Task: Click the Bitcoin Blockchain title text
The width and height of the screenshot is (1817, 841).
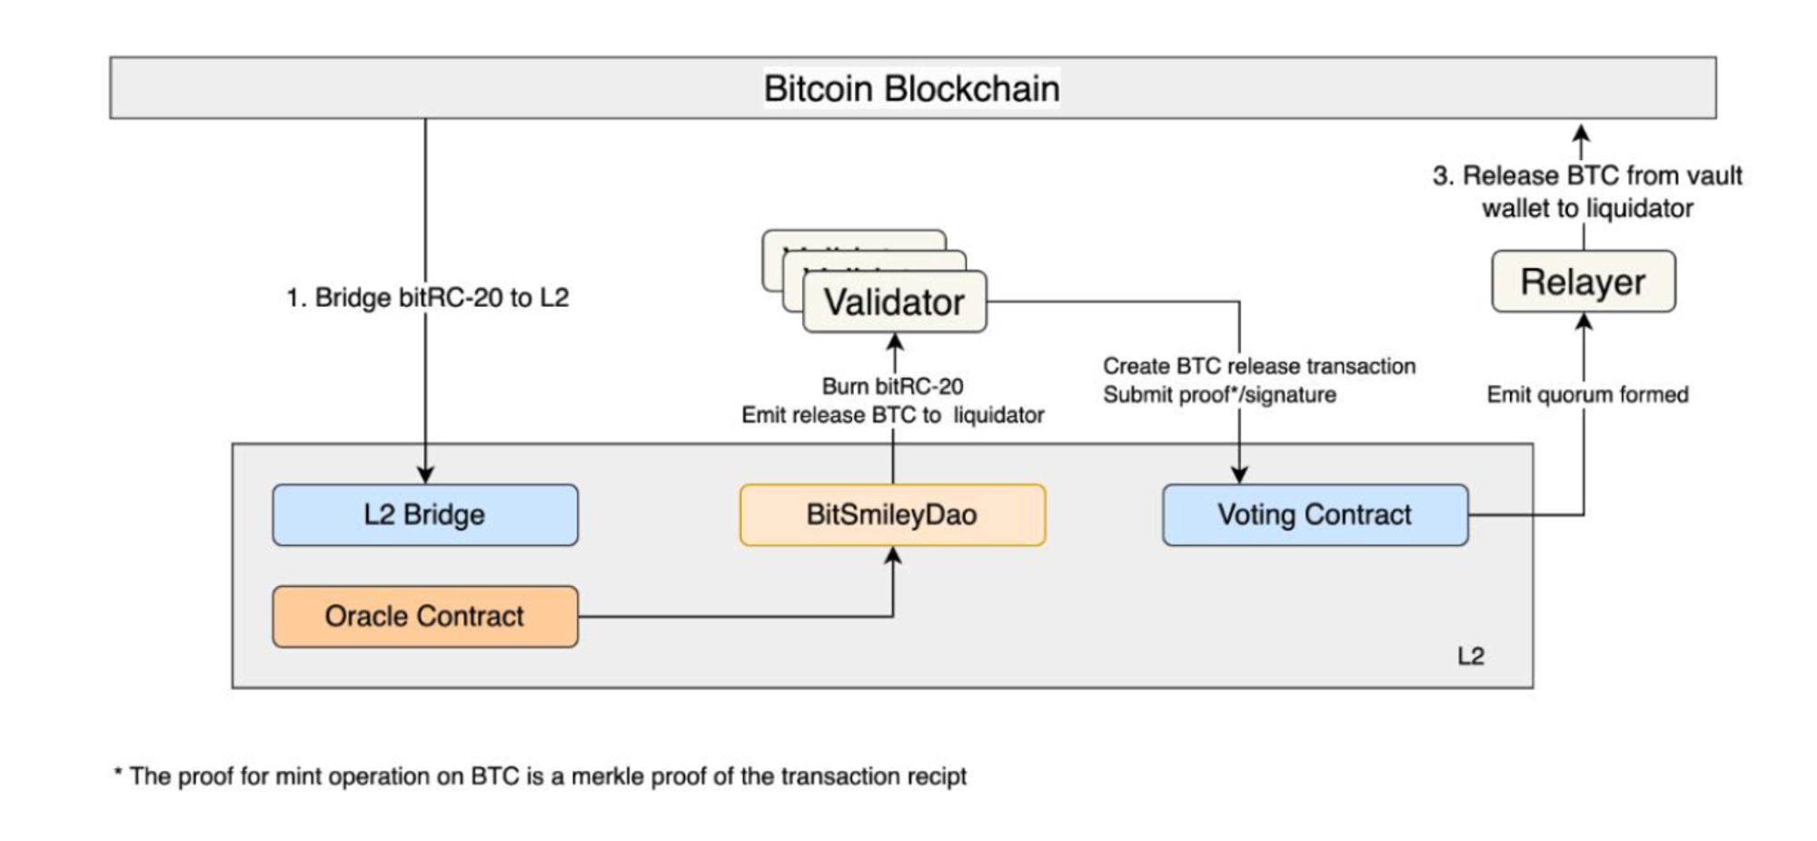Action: point(911,89)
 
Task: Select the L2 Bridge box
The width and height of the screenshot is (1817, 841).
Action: point(424,515)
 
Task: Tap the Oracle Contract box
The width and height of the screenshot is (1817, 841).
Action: point(424,617)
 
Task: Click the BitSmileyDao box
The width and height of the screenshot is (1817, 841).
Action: point(892,515)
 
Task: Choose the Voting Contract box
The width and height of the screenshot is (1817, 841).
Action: point(1315,515)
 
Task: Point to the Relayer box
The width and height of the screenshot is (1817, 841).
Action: point(1583,282)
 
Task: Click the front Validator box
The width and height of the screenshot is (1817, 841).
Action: point(894,302)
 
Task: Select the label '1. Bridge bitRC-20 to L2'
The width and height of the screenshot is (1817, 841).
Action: point(428,298)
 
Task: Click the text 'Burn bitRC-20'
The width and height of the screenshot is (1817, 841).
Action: point(892,386)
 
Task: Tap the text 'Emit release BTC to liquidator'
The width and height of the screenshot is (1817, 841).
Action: point(892,415)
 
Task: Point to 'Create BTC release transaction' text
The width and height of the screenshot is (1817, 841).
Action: point(1259,366)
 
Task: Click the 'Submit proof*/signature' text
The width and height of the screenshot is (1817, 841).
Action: point(1219,395)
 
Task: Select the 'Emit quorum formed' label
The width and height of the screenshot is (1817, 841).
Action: point(1587,395)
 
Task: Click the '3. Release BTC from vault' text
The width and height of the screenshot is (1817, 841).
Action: point(1587,175)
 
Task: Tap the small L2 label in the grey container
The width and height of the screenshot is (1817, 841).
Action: point(1470,656)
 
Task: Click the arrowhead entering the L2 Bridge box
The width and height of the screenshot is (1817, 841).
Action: point(425,475)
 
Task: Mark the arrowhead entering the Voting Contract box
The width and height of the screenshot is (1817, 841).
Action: point(1239,475)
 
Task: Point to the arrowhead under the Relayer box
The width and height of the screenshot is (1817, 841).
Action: point(1584,322)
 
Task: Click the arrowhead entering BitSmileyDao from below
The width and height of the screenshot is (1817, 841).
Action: point(893,555)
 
